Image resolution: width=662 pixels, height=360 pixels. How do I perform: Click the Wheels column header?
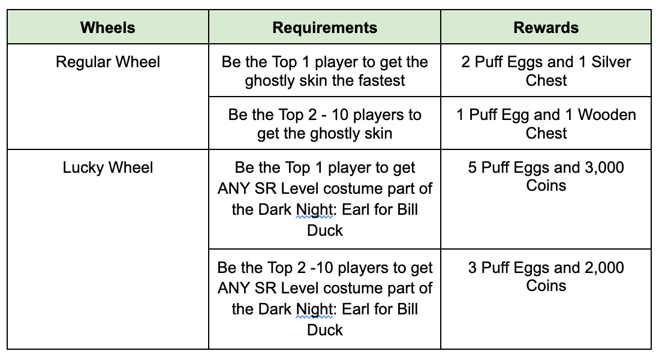point(108,28)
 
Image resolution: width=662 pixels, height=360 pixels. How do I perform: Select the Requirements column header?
point(324,28)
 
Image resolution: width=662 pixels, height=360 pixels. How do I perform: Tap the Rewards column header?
point(546,28)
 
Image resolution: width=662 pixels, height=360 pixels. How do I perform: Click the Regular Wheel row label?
point(108,62)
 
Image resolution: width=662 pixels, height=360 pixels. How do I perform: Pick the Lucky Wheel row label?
point(108,167)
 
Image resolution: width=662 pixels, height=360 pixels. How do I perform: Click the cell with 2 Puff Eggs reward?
point(546,71)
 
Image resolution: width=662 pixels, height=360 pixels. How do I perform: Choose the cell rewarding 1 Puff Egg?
point(546,124)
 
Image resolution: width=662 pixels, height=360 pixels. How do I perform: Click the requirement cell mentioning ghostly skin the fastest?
point(324,71)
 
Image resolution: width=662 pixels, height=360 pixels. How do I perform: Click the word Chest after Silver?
point(546,80)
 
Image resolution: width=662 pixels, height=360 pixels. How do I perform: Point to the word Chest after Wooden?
point(546,133)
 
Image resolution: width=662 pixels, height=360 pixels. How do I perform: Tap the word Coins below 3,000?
point(546,185)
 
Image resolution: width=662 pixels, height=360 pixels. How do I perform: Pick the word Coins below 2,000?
point(546,286)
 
